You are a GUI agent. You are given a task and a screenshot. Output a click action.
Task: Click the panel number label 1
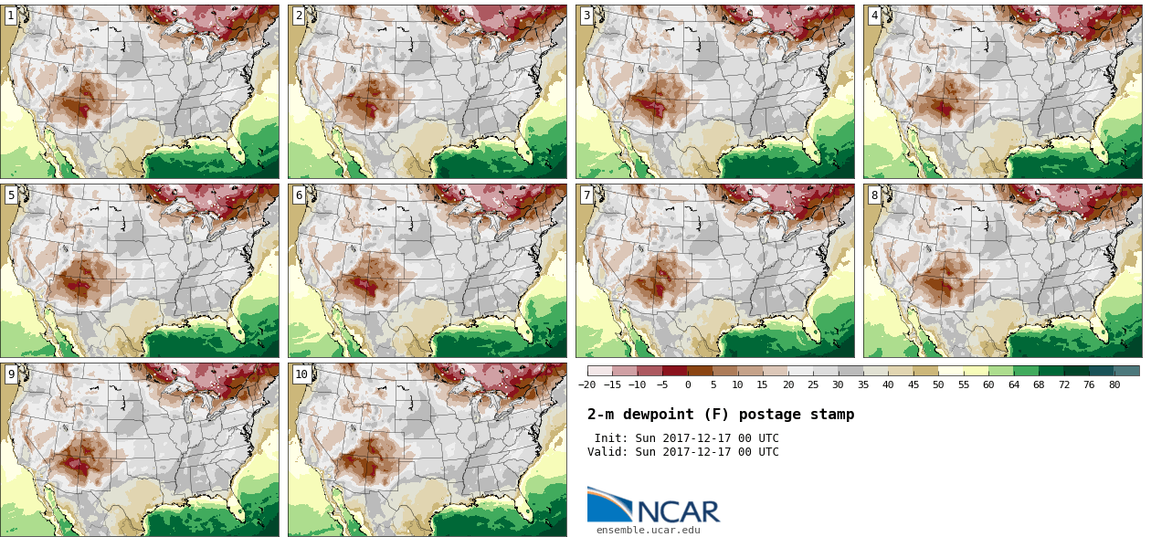(x=11, y=16)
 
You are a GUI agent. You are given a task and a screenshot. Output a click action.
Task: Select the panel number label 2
(x=299, y=16)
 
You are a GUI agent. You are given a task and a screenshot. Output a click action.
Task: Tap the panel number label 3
(x=586, y=16)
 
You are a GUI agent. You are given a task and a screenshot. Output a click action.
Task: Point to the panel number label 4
(x=874, y=16)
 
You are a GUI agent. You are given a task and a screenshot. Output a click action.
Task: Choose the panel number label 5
(x=11, y=195)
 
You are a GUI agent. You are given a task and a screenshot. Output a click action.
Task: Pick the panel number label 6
(x=299, y=195)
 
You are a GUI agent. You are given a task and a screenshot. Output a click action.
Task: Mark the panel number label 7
(x=586, y=195)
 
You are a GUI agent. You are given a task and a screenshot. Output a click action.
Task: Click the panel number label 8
(x=874, y=195)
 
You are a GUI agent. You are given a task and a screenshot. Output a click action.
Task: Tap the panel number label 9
(x=11, y=374)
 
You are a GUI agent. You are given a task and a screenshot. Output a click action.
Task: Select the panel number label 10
(x=301, y=374)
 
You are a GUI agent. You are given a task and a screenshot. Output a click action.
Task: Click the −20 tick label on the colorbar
(x=586, y=385)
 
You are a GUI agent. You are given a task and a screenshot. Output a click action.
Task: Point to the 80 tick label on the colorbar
(x=1114, y=385)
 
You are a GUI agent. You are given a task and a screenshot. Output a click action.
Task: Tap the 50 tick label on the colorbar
(x=937, y=385)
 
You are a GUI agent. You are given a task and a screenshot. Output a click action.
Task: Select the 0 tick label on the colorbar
(x=688, y=385)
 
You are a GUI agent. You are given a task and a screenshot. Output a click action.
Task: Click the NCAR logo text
(x=677, y=511)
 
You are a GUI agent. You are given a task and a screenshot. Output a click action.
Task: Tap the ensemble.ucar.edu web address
(x=649, y=530)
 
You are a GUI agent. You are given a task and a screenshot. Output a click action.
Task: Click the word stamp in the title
(x=832, y=415)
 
